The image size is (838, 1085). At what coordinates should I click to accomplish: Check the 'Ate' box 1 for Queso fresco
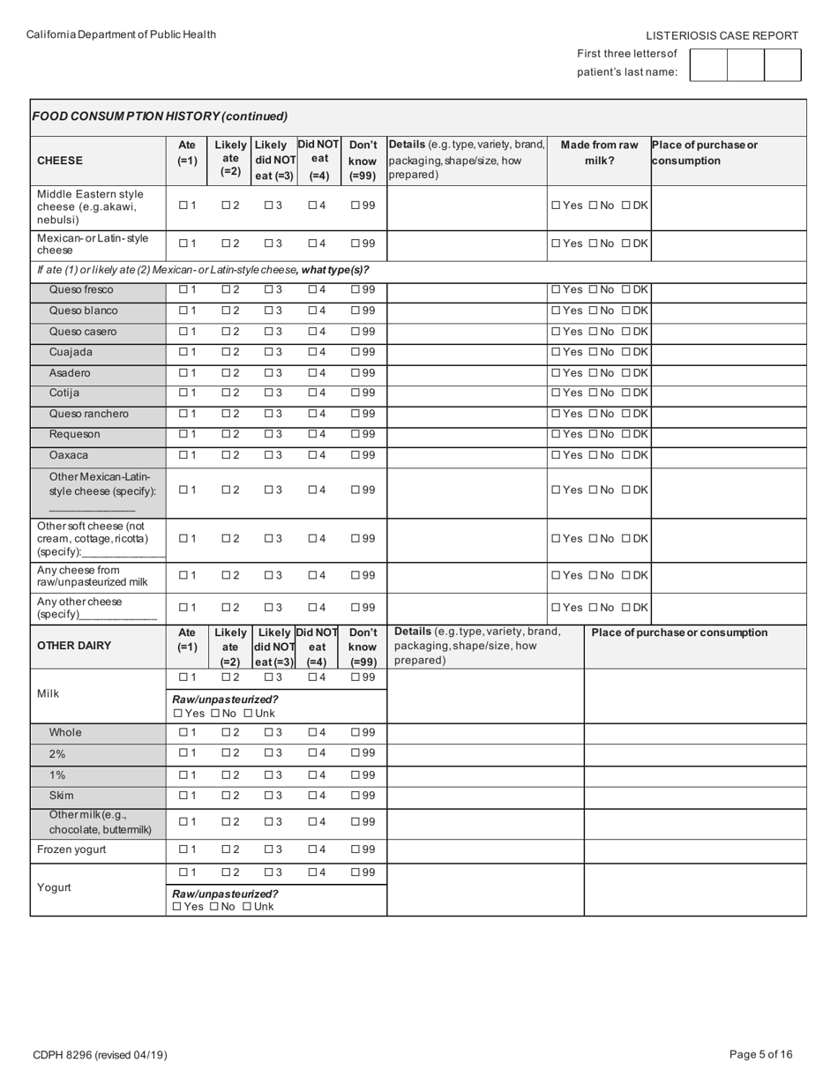click(x=183, y=289)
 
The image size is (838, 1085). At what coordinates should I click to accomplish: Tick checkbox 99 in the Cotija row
click(x=355, y=393)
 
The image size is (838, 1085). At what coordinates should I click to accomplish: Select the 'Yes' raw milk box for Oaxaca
click(x=556, y=455)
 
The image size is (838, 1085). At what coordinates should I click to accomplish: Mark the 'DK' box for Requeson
click(x=626, y=434)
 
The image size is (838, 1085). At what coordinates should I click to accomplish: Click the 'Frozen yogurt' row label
click(x=71, y=849)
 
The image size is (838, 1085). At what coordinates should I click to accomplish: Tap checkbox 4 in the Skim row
click(x=312, y=795)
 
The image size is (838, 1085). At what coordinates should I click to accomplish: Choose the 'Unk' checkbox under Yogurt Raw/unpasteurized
click(x=248, y=906)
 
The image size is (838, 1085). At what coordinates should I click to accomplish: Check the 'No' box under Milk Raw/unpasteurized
click(x=215, y=713)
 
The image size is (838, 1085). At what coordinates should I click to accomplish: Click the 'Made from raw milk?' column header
click(x=599, y=153)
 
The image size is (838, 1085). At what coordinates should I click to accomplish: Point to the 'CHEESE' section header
click(x=60, y=161)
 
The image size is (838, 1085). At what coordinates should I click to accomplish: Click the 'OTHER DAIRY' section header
click(x=74, y=645)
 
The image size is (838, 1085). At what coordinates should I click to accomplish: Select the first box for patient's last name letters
click(x=708, y=65)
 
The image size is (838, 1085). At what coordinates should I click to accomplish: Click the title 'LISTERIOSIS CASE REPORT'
click(x=722, y=36)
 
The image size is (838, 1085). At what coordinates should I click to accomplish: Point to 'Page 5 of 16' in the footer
click(x=761, y=1054)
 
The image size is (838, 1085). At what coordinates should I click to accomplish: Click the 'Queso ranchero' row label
click(x=88, y=414)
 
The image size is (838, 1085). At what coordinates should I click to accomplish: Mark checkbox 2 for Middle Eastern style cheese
click(x=226, y=206)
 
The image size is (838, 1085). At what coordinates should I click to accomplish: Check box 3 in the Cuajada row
click(x=269, y=352)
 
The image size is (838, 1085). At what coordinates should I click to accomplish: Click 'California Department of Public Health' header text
click(x=121, y=34)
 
